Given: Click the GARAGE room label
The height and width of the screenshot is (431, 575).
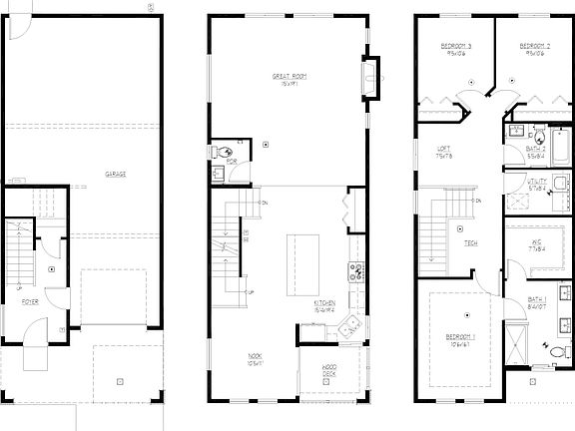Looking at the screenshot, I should tap(116, 173).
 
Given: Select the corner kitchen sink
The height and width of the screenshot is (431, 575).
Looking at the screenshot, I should tap(348, 326).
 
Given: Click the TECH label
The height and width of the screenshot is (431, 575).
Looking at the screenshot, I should tap(470, 242).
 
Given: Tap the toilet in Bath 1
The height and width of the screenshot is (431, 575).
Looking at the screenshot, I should tap(554, 350).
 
